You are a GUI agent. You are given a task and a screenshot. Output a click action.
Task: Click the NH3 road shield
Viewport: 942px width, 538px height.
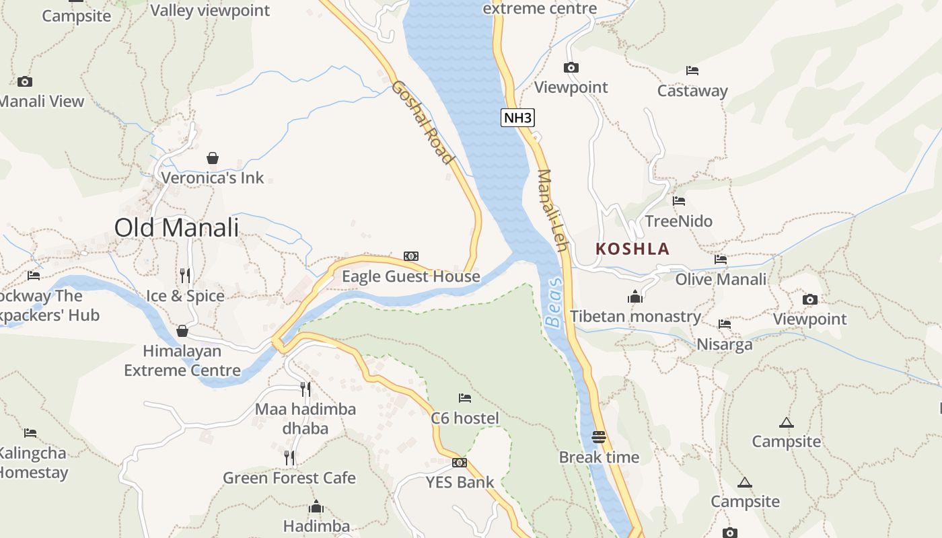click(x=517, y=118)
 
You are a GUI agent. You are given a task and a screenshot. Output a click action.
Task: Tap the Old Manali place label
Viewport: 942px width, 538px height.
click(x=176, y=227)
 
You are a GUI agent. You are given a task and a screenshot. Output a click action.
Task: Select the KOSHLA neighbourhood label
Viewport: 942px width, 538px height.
click(x=632, y=249)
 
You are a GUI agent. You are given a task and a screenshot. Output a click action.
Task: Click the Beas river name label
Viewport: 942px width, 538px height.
click(x=553, y=303)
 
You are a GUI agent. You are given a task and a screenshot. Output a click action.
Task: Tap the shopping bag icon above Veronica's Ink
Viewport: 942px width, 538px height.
click(x=213, y=158)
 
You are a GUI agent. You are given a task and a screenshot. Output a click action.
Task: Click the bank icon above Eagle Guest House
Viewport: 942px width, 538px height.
click(x=410, y=256)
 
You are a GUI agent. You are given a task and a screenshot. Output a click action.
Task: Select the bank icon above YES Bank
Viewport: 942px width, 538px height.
click(x=460, y=463)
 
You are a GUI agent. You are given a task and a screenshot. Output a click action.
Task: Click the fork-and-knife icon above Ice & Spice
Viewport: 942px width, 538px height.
click(x=186, y=275)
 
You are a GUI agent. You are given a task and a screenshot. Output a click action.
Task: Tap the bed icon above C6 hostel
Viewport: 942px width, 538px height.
click(x=465, y=398)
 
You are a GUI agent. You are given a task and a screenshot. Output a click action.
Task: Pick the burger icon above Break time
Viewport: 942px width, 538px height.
click(x=599, y=437)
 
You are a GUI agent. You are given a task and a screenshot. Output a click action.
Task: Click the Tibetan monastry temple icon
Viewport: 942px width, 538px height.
click(x=635, y=297)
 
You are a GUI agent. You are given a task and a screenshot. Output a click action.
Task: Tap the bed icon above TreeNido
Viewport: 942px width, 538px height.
click(x=679, y=200)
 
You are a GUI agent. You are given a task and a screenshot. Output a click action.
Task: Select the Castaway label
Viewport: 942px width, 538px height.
click(x=692, y=91)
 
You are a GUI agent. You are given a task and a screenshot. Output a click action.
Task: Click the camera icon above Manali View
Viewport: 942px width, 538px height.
click(x=25, y=81)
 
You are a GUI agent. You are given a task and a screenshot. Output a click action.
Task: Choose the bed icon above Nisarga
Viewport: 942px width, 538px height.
click(x=725, y=324)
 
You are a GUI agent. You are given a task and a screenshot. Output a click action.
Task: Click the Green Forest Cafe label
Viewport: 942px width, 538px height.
click(x=289, y=478)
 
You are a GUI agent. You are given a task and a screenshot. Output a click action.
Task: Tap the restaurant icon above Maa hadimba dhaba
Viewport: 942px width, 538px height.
click(x=305, y=388)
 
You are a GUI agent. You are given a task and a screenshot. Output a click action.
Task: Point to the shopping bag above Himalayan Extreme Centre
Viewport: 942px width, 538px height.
click(x=182, y=331)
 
